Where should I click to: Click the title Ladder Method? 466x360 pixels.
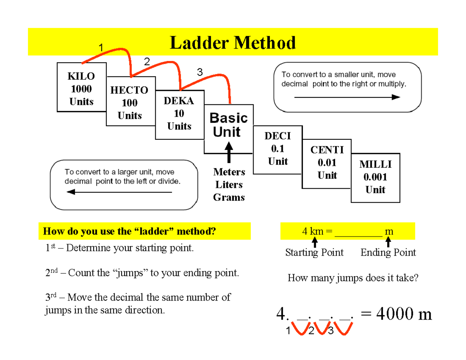[233, 43]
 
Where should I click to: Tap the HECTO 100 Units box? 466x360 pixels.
[130, 102]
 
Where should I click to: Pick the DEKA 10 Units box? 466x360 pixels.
[179, 114]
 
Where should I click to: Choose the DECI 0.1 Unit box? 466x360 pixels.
[278, 149]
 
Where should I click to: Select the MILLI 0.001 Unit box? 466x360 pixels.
[375, 177]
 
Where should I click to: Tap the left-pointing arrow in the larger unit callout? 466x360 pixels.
[119, 192]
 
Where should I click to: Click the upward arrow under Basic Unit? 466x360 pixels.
[229, 153]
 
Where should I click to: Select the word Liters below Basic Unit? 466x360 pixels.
[229, 184]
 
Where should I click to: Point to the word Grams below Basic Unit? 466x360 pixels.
[229, 197]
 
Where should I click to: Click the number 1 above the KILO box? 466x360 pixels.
[100, 49]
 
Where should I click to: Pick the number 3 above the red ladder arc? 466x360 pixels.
[200, 72]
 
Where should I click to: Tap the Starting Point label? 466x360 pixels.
[314, 253]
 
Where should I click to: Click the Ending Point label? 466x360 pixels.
[388, 253]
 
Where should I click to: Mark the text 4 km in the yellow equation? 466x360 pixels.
[313, 232]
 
